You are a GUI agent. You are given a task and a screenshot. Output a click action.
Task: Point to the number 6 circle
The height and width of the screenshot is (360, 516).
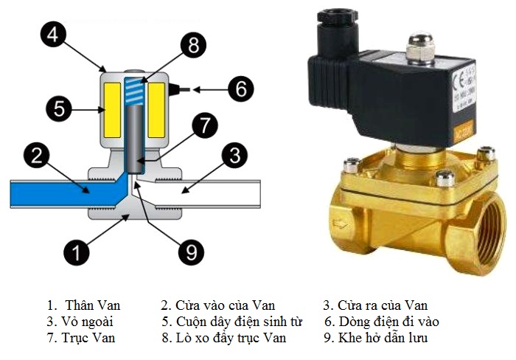[240, 89]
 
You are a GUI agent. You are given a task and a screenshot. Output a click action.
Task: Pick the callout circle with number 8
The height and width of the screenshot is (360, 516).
[193, 46]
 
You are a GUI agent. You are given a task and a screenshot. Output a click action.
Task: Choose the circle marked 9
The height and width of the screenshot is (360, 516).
[192, 252]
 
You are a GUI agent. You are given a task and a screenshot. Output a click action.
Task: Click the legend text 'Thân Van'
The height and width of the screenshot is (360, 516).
[92, 305]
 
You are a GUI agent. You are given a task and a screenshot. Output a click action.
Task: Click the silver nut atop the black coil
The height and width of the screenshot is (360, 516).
[420, 47]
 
